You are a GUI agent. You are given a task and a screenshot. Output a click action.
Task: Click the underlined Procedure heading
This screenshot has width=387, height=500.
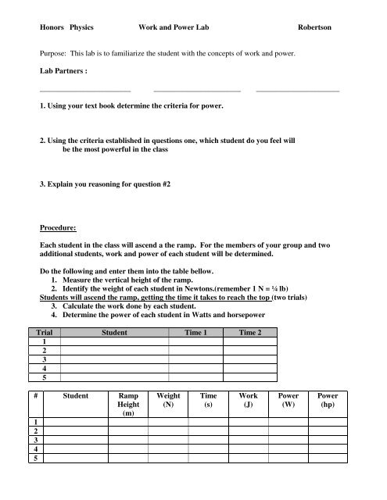61,228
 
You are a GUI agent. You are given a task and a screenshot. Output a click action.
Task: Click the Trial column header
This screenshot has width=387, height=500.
48,332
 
